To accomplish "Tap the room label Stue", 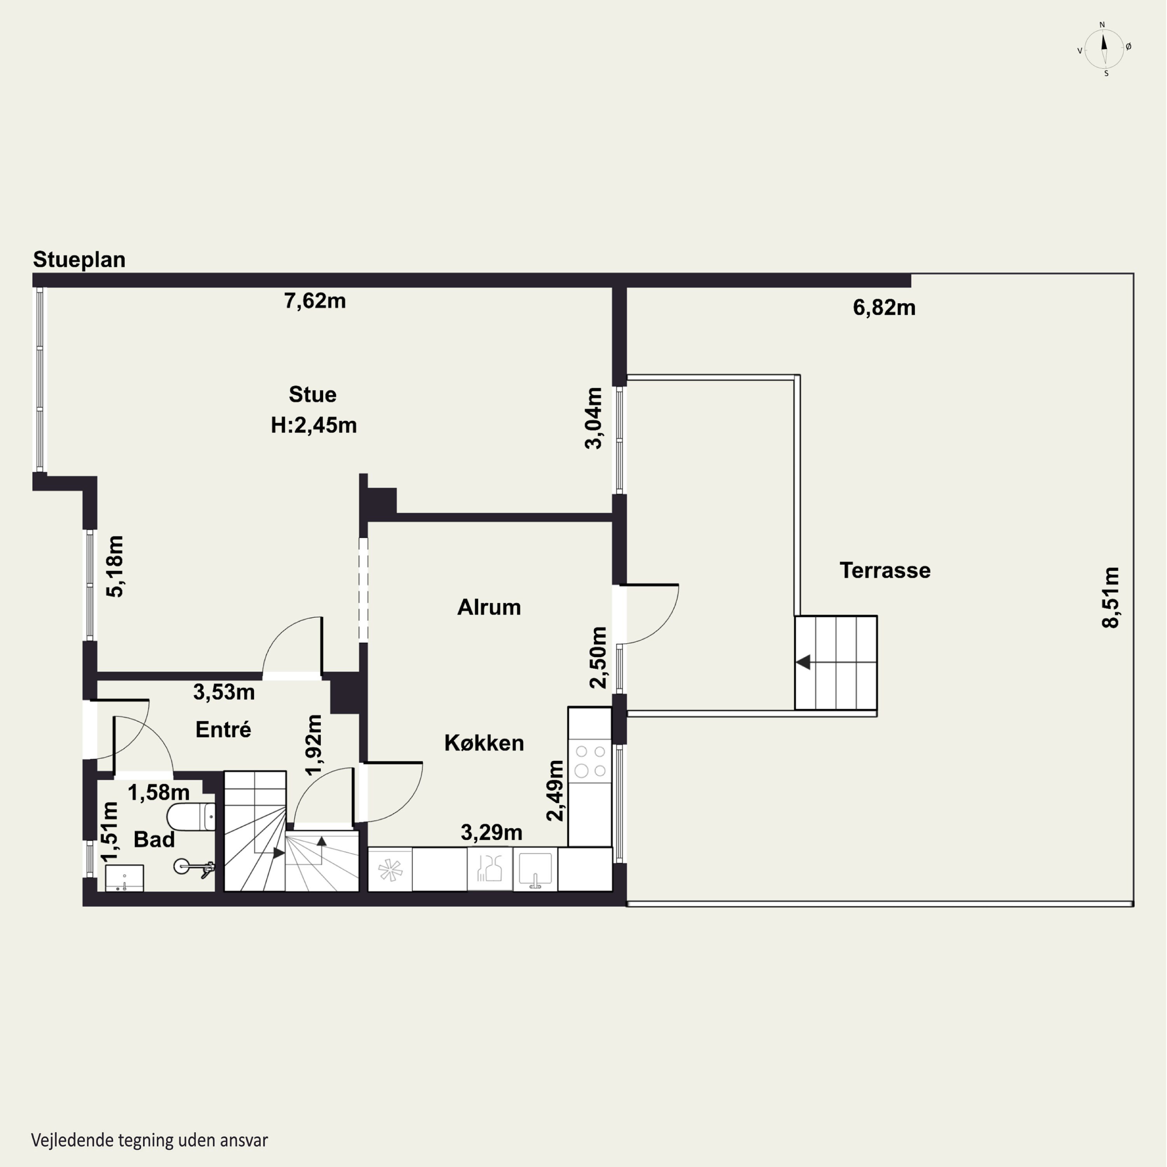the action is (x=312, y=394).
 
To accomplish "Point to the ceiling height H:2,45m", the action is (x=314, y=425).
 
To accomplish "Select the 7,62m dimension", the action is (x=315, y=301).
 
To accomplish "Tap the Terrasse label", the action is (x=885, y=570).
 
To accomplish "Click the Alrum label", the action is (x=489, y=607).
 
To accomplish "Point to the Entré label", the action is (x=223, y=730).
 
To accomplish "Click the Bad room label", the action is (x=154, y=839).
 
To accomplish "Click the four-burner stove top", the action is (x=590, y=761).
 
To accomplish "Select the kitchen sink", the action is (x=535, y=869).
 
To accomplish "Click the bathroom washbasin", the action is (x=124, y=878).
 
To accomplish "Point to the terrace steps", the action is (x=836, y=662).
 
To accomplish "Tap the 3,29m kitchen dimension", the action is (x=491, y=833).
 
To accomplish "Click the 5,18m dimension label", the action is (x=115, y=567).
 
